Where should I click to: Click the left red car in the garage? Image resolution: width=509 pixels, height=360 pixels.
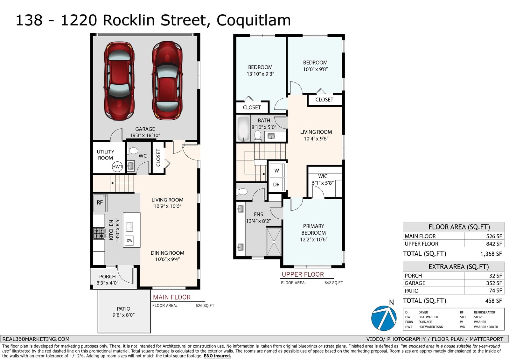click(x=119, y=81)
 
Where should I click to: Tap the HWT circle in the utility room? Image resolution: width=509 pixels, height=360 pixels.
click(x=117, y=166)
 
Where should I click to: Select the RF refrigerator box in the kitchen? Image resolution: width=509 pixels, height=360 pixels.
click(x=100, y=203)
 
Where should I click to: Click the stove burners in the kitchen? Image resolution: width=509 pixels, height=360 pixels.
click(x=99, y=233)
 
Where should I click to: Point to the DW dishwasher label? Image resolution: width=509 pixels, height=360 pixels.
click(x=129, y=240)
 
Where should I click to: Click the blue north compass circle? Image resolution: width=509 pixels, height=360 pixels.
click(x=384, y=318)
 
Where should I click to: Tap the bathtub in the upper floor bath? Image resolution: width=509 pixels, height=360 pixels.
click(x=243, y=129)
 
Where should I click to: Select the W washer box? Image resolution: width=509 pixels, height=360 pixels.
click(x=276, y=171)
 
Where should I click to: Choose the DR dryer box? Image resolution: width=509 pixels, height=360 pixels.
click(x=276, y=185)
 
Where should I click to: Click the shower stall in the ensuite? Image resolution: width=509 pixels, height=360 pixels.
click(x=274, y=242)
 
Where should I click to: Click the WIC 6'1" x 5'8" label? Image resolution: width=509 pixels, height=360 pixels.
click(x=323, y=180)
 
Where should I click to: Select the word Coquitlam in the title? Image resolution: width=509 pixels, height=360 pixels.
click(x=254, y=20)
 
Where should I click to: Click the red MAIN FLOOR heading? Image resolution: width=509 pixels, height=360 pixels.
click(x=172, y=297)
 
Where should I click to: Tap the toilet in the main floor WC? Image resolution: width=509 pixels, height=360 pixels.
click(x=133, y=151)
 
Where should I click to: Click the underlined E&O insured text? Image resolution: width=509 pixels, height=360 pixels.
click(x=217, y=356)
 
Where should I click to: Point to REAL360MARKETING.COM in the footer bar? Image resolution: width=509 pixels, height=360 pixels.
click(x=36, y=339)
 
